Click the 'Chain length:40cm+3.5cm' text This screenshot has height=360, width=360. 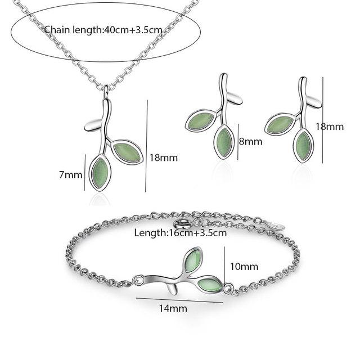(x=103, y=30)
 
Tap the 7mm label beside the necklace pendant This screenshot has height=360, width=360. (x=70, y=175)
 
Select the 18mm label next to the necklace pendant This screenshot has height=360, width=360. (x=164, y=157)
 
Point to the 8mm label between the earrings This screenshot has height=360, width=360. (x=250, y=141)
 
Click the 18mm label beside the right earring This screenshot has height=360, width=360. (x=330, y=127)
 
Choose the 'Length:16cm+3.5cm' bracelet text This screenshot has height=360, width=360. (x=181, y=233)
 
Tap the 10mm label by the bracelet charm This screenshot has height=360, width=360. (x=244, y=267)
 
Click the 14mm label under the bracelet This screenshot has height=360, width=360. (x=173, y=308)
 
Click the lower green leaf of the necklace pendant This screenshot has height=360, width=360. (x=100, y=173)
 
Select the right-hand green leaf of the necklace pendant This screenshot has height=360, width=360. (x=127, y=152)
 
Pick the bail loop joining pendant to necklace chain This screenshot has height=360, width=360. (x=106, y=90)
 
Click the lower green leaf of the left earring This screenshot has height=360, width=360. (x=224, y=142)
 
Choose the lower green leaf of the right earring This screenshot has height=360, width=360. (x=303, y=146)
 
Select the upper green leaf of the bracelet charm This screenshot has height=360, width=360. (x=193, y=260)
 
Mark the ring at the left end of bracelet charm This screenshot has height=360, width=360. (x=138, y=280)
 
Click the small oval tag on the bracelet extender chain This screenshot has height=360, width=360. (x=276, y=225)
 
